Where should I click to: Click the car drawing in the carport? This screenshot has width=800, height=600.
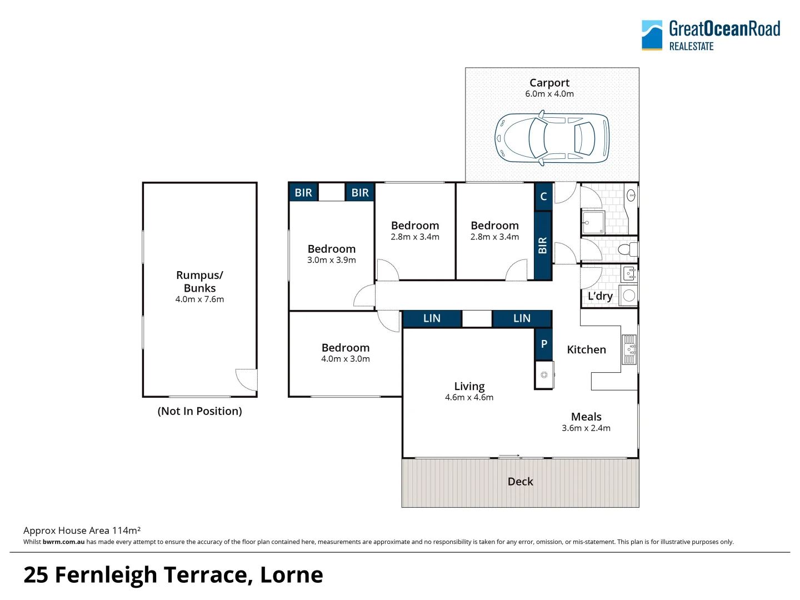coord(552,138)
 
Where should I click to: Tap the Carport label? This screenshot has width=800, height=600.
coord(549,83)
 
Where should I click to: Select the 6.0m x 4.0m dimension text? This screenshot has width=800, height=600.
coord(549,94)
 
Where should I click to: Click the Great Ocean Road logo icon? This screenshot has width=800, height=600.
coord(652,35)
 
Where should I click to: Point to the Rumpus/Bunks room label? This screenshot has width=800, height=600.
coord(199,282)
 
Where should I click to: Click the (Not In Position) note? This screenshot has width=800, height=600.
coord(199,411)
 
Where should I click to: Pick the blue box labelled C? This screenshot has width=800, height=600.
coord(543,197)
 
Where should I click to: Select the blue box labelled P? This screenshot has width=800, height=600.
coord(544,344)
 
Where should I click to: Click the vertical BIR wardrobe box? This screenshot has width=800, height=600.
coord(543,246)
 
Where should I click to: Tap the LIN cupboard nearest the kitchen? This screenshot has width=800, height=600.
coord(522,318)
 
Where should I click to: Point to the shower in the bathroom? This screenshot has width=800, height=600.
coord(593,222)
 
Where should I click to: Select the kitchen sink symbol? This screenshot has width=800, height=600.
coord(629,349)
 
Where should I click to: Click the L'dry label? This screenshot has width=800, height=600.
coord(600,296)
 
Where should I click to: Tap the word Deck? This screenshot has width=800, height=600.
coord(520,482)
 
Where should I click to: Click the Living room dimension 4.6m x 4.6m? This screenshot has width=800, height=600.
coord(469,397)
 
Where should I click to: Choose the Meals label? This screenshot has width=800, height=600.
coord(586,417)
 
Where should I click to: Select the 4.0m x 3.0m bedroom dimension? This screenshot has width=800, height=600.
coord(345,359)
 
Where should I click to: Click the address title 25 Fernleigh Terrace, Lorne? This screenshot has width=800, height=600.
coord(173,575)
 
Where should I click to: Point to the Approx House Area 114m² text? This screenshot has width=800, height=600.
coord(82,531)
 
